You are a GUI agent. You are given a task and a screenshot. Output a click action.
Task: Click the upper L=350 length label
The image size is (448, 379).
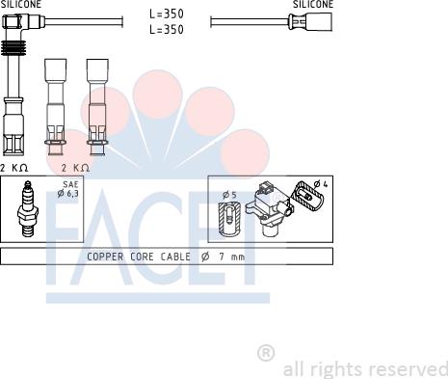coord(167,14)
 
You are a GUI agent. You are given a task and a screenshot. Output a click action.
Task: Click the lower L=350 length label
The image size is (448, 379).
coord(167,29)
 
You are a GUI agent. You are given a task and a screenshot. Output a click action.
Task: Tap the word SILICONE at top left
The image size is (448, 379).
coord(21,4)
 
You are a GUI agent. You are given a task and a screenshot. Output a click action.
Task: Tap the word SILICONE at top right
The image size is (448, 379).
coord(313,4)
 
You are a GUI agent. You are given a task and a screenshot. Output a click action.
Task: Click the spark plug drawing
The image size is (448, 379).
coord(28,209)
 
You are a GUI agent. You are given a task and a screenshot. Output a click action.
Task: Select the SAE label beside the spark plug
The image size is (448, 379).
coord(70,184)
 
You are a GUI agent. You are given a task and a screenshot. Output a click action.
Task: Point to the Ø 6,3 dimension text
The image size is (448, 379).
coord(67,194)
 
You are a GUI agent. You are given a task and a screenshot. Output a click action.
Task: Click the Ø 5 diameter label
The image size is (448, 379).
coord(229,195)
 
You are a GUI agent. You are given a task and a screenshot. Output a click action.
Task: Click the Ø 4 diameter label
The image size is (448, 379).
coord(321,184)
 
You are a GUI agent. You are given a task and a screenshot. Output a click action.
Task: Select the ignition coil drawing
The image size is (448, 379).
coord(269,208)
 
